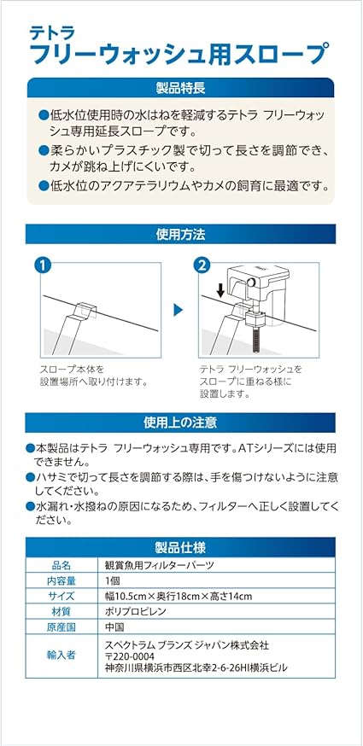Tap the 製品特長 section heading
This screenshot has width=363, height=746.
pyautogui.click(x=180, y=88)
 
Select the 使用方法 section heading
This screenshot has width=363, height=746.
pyautogui.click(x=180, y=234)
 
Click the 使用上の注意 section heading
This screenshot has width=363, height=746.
pyautogui.click(x=180, y=423)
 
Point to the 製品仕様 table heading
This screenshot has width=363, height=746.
pyautogui.click(x=180, y=548)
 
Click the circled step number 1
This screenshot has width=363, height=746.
pyautogui.click(x=43, y=265)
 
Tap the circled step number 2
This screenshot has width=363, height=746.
pyautogui.click(x=202, y=265)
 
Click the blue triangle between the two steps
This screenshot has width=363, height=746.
pyautogui.click(x=178, y=310)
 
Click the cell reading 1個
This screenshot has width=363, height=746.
pyautogui.click(x=114, y=581)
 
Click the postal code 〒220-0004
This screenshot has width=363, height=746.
pyautogui.click(x=131, y=656)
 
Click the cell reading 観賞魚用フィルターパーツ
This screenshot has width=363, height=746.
pyautogui.click(x=159, y=566)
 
